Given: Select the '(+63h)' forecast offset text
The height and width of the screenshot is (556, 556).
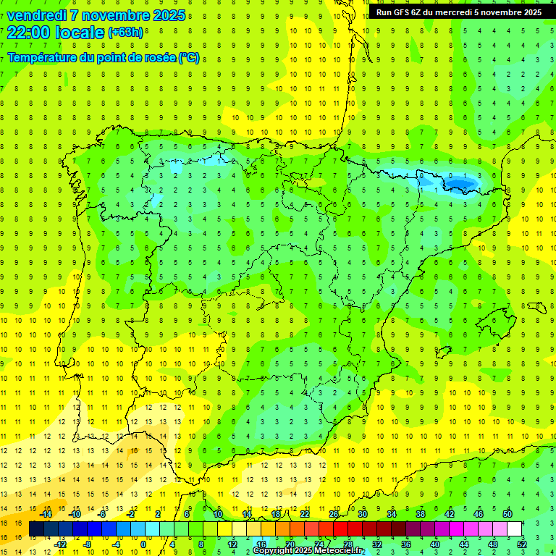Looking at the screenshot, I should coord(125,32).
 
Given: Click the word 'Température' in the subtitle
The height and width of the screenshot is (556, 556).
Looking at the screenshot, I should coord(41,57).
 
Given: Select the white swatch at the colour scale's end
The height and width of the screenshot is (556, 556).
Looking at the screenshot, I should coord(514,529).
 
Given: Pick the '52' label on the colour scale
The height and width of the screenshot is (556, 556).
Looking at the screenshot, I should coord(522,544).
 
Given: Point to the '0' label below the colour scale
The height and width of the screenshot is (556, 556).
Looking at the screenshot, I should coord(143,544).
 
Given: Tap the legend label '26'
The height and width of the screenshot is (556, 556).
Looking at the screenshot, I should coord(334,514).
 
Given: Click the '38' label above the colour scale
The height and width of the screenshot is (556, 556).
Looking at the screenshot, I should coord(420,514).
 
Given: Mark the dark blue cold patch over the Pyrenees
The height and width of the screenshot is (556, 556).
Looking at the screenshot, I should coord(460,185).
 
